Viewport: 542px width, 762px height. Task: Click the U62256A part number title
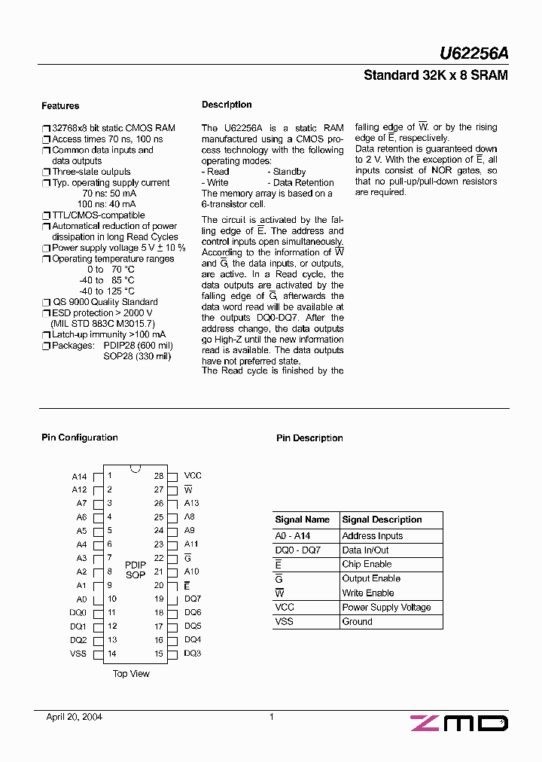[473, 53]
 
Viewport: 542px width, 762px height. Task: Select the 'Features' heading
[60, 106]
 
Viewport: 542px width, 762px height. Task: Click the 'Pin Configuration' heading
[79, 437]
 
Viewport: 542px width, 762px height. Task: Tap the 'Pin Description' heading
[309, 438]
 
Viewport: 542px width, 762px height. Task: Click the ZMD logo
[459, 724]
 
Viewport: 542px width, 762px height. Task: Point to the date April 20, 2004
[75, 717]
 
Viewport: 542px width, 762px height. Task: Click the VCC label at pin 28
[193, 476]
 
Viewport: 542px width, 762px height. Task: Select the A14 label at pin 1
[79, 477]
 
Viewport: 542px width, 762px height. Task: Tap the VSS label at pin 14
[78, 654]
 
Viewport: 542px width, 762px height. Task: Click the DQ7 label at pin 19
[193, 599]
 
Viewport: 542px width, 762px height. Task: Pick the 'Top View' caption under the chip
[131, 674]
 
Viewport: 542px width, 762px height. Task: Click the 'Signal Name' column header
[303, 520]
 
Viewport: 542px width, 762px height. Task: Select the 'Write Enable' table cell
[368, 593]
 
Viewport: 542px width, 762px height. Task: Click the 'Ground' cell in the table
[358, 622]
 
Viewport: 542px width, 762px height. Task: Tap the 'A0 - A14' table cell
[293, 536]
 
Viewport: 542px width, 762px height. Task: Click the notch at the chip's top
[135, 468]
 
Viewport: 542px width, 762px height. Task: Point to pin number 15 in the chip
[159, 654]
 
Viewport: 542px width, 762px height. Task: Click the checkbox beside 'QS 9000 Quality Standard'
[46, 303]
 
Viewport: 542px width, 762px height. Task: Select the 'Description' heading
[227, 105]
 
